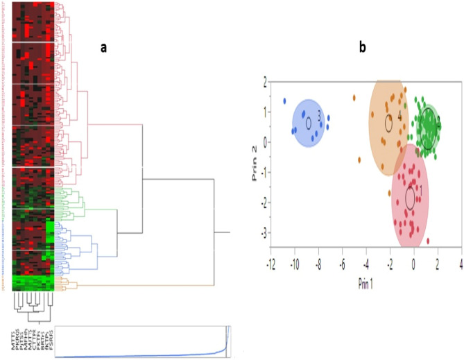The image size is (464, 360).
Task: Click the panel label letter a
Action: pos(103,47)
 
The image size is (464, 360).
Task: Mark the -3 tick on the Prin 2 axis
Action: pos(262,232)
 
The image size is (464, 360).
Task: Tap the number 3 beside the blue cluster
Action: pos(319,117)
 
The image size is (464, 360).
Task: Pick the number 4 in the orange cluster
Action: pos(399,118)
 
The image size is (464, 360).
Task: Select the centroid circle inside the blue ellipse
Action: pos(309,122)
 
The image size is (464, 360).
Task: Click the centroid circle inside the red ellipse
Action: pos(410,198)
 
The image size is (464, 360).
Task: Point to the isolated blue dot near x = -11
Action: pos(284,101)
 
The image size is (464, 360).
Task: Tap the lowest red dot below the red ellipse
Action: pos(428,241)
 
